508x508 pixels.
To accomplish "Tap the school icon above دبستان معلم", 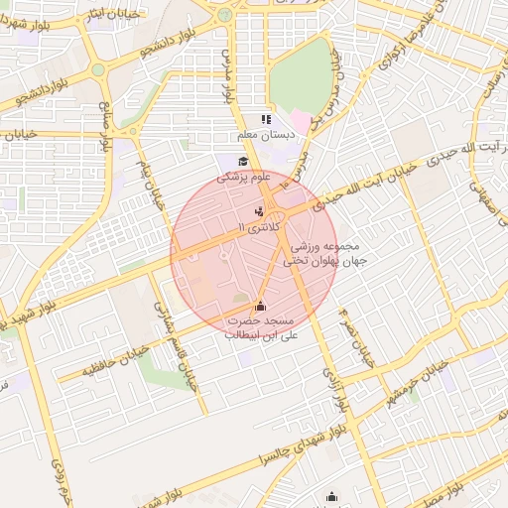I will coord(266,119).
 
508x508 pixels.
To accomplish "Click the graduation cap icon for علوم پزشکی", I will coord(242,162).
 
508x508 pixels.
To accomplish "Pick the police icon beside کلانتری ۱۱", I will coord(259,210).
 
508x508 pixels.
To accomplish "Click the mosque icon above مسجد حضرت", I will coord(261,307).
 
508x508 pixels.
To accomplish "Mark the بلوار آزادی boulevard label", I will coord(330,381).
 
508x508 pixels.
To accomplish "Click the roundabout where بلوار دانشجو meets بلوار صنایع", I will coord(98,71).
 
